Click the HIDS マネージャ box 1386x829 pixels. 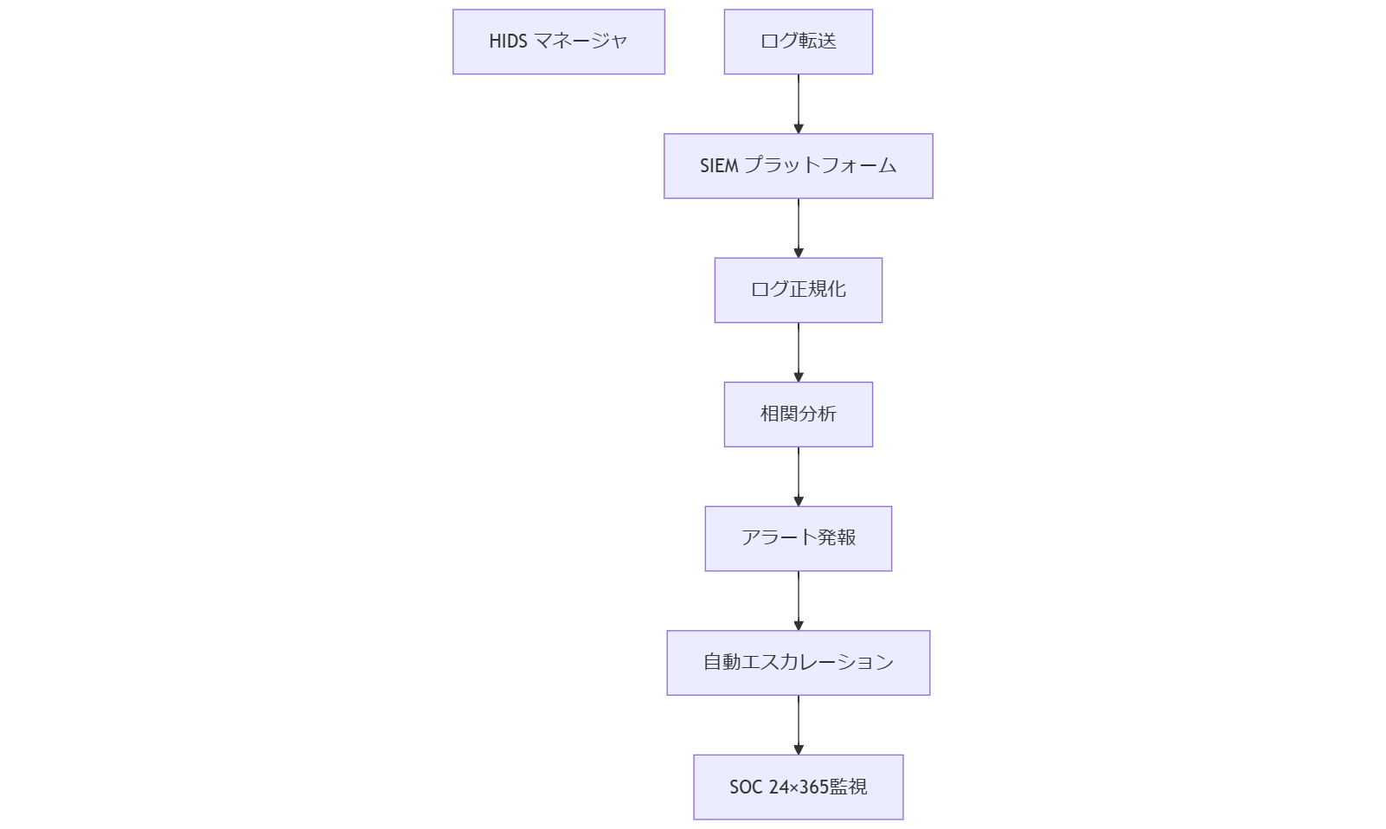tap(558, 42)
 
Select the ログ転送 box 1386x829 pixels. tap(798, 42)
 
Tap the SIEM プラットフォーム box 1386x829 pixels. tap(798, 165)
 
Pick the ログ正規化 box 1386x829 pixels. tap(798, 290)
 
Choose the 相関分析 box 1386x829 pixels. tap(798, 414)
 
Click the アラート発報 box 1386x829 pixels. tap(798, 538)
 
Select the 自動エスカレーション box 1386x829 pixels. tap(798, 662)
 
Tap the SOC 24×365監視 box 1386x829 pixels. tap(798, 787)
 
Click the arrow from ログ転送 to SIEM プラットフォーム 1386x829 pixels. tap(798, 104)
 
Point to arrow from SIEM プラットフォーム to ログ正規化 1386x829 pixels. tap(798, 228)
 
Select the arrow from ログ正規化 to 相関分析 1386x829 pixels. tap(798, 352)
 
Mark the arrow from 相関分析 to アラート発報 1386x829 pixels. tap(798, 476)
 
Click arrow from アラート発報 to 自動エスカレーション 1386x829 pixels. tap(798, 601)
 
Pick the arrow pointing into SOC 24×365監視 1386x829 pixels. tap(798, 724)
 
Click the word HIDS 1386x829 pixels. tap(508, 42)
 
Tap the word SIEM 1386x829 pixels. tap(718, 165)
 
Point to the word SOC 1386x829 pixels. tap(745, 787)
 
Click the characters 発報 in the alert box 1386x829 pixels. tap(837, 538)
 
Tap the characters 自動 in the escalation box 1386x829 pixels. tap(722, 662)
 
